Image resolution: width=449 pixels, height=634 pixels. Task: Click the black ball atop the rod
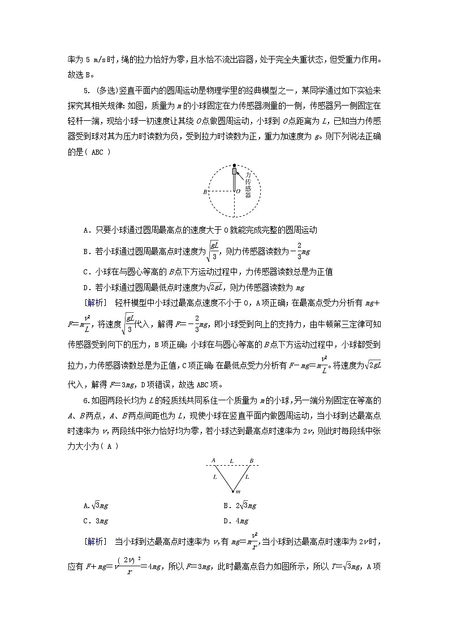[234, 166]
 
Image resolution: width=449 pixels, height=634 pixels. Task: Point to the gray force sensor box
[234, 172]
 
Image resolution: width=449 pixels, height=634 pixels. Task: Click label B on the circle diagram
[205, 192]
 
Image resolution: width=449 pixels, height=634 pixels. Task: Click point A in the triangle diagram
[214, 461]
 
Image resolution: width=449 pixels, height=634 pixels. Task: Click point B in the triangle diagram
[252, 461]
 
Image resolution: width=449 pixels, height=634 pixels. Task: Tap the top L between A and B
[232, 461]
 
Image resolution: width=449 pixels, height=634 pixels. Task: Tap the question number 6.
[85, 401]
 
